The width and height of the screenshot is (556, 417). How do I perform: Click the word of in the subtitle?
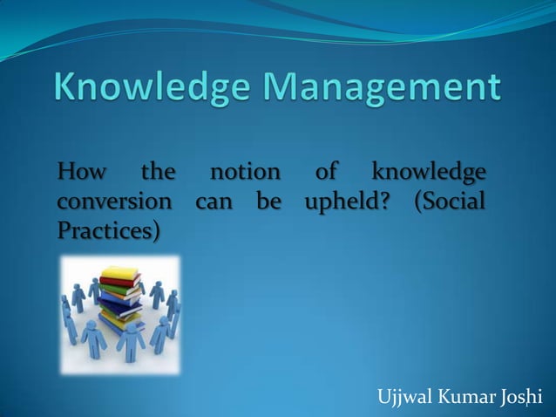(334, 171)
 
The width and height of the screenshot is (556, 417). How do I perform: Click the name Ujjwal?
(405, 399)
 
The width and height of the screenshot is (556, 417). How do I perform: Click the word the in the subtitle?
(158, 171)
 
